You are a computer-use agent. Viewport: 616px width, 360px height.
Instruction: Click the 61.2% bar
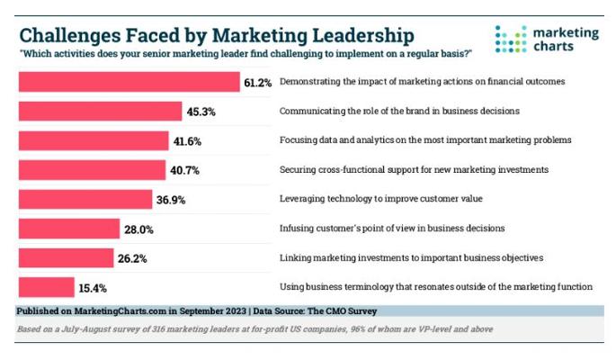click(129, 82)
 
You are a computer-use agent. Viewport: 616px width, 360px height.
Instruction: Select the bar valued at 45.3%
click(94, 111)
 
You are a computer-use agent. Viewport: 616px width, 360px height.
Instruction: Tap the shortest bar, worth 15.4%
click(46, 286)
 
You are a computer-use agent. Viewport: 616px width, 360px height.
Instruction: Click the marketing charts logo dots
click(509, 39)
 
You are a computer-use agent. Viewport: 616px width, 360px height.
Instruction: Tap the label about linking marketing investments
click(410, 257)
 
